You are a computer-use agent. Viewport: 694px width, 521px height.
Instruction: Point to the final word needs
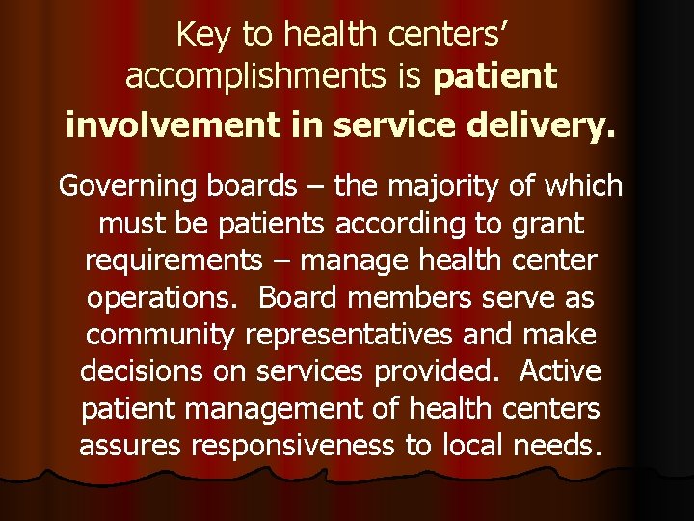pyautogui.click(x=562, y=446)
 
